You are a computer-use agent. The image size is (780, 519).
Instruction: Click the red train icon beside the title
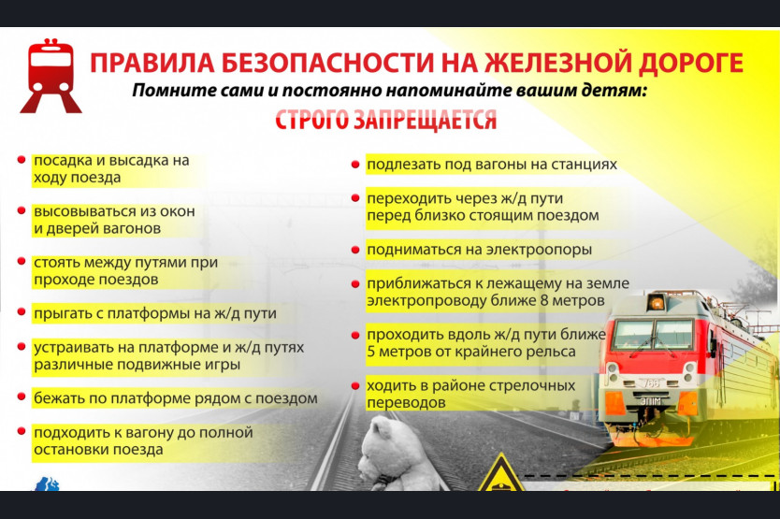click(51, 76)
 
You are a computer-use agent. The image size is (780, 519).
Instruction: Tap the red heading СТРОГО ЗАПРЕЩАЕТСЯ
click(386, 120)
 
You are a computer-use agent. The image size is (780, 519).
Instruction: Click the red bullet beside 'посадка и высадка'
click(22, 160)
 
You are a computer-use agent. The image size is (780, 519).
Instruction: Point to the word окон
click(175, 211)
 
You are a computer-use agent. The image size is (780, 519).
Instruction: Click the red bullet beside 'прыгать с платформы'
click(22, 312)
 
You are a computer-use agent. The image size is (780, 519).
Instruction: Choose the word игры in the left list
click(223, 365)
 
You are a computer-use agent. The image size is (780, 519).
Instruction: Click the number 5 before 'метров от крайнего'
click(371, 352)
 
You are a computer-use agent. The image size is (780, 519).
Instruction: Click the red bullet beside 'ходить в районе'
click(355, 385)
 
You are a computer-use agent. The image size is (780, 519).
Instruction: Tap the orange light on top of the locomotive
click(657, 301)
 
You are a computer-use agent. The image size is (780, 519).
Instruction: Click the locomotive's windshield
click(653, 335)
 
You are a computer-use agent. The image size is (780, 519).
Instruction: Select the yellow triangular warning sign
click(501, 475)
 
